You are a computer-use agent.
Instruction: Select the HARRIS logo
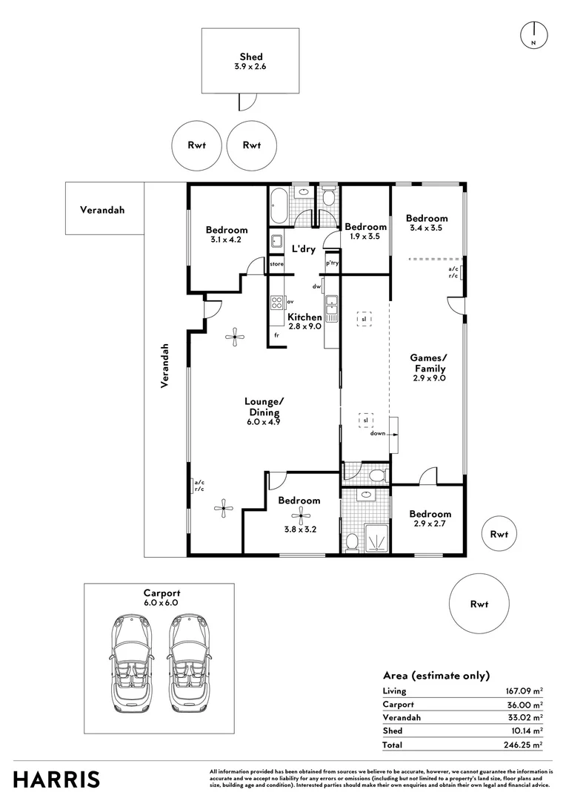[57, 779]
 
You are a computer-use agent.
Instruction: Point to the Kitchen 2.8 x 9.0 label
[304, 321]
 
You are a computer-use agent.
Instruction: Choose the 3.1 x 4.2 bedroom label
[227, 234]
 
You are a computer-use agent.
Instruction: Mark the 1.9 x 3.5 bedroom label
[365, 231]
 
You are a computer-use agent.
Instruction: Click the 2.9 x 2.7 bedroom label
[430, 518]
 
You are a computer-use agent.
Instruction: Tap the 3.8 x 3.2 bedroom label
[299, 505]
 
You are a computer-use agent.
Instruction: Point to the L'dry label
[304, 248]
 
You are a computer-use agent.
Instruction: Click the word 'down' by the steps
[378, 434]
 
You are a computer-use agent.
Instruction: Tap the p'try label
[332, 263]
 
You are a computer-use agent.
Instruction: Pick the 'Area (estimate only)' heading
[436, 675]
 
